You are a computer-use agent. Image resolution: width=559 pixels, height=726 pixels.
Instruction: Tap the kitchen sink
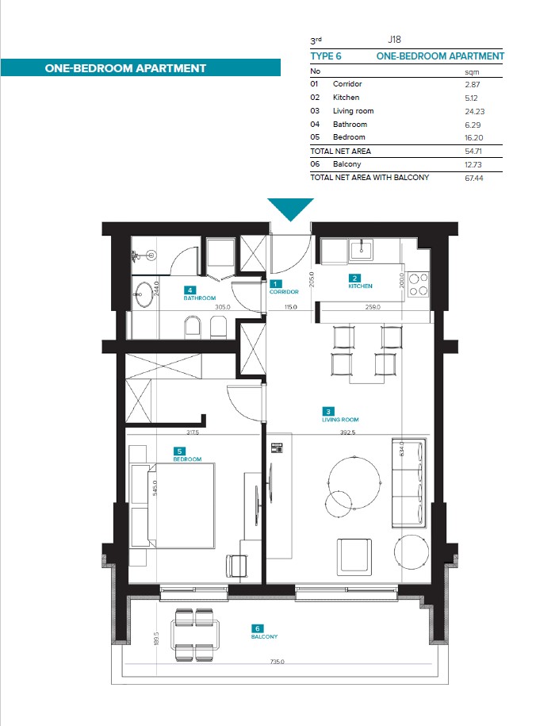(x=362, y=250)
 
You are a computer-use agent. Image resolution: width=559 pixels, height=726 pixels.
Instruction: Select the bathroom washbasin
(x=144, y=294)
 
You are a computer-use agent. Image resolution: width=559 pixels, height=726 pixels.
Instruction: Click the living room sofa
(x=408, y=483)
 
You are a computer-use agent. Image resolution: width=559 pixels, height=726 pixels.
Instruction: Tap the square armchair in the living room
(x=354, y=556)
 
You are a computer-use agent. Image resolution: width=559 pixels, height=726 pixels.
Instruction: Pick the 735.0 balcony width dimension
(x=277, y=662)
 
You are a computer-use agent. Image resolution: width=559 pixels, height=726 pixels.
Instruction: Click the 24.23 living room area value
(x=475, y=112)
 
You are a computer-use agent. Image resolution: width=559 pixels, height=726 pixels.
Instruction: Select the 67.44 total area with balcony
(x=474, y=179)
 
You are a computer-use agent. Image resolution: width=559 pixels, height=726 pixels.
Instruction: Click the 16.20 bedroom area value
(x=474, y=138)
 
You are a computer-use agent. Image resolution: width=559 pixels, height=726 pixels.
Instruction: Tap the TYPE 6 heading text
(x=326, y=56)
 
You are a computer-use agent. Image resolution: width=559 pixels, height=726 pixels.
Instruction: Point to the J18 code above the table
(x=394, y=40)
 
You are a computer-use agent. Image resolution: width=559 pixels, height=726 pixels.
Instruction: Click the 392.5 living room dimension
(x=347, y=432)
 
